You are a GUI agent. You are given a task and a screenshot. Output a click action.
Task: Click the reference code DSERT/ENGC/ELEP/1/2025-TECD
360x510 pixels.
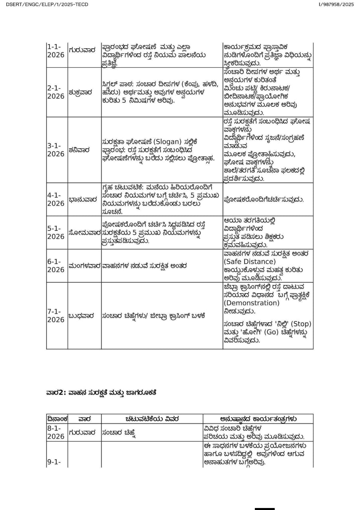(x=47, y=4)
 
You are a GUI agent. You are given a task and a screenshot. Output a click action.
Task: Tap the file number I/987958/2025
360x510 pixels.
(x=336, y=4)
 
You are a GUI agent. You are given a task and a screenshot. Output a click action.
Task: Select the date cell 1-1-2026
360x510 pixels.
(x=56, y=51)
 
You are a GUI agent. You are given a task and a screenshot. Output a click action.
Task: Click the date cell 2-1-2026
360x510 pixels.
(x=56, y=92)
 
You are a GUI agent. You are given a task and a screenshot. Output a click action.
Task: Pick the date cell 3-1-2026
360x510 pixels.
(x=56, y=150)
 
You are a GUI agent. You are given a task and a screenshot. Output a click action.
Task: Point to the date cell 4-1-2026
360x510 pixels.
(x=56, y=199)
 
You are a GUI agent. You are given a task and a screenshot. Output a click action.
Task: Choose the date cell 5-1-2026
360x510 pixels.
(x=56, y=232)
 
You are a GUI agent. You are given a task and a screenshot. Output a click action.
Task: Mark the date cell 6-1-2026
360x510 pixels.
(x=56, y=265)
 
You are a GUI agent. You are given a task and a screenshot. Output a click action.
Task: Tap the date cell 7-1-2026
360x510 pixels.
(x=56, y=316)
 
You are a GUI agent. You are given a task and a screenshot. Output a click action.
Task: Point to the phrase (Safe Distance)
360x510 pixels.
(x=249, y=261)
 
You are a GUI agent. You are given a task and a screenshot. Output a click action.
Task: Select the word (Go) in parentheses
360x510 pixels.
(x=274, y=332)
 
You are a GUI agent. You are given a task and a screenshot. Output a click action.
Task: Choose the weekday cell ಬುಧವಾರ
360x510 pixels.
(x=82, y=316)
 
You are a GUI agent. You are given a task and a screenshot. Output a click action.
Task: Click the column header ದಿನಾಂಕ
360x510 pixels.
(x=57, y=419)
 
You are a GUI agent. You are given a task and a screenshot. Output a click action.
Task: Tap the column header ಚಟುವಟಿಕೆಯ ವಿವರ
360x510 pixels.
(x=152, y=419)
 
